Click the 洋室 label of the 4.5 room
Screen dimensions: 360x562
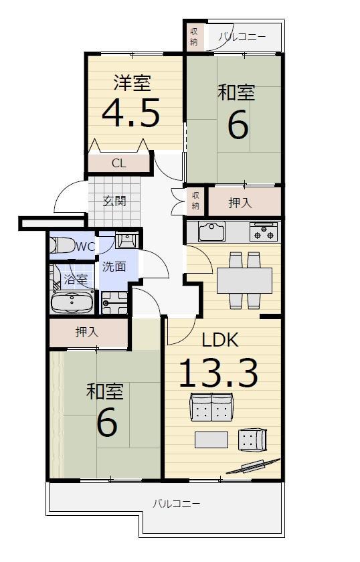click(132, 82)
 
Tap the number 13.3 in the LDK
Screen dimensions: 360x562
click(218, 373)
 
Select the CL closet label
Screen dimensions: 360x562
click(119, 163)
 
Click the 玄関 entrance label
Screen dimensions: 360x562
click(114, 201)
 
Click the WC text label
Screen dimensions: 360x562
click(86, 247)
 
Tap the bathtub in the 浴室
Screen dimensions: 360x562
click(72, 302)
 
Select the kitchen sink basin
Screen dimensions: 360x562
click(212, 231)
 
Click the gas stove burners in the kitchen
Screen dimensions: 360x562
click(264, 231)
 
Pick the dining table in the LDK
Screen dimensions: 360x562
click(244, 280)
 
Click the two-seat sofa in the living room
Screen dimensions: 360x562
click(211, 407)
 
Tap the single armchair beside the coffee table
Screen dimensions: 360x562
click(252, 440)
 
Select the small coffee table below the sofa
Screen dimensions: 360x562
click(211, 440)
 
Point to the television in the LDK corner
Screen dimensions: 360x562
click(253, 466)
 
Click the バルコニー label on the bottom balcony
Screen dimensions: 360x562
click(177, 504)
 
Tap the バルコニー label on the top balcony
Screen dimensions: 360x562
click(242, 37)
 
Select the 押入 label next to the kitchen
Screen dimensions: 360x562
click(240, 203)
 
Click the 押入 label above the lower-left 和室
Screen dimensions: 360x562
click(87, 332)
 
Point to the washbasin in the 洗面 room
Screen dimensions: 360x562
click(126, 240)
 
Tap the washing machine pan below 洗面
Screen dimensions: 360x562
click(114, 302)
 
